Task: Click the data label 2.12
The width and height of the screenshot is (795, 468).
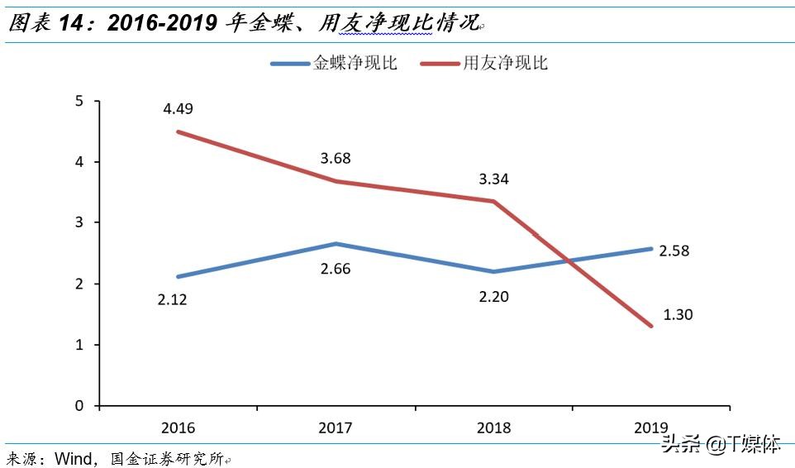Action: [x=173, y=299]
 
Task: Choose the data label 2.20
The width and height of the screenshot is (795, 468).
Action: [x=493, y=295]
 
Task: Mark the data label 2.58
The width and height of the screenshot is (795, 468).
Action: [x=675, y=250]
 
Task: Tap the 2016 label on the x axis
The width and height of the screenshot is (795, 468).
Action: [x=179, y=427]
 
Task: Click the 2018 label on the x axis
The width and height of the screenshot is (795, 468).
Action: [x=493, y=427]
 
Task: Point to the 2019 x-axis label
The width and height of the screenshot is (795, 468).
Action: [x=651, y=427]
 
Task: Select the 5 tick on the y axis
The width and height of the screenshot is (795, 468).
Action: [x=79, y=101]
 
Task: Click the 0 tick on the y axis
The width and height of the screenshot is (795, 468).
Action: [x=79, y=406]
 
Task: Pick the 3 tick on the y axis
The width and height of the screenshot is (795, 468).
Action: [x=79, y=223]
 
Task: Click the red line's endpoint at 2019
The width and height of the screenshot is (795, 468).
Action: [x=651, y=326]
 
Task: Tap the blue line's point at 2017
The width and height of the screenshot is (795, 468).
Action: [x=336, y=244]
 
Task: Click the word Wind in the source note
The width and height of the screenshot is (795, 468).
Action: [x=73, y=458]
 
